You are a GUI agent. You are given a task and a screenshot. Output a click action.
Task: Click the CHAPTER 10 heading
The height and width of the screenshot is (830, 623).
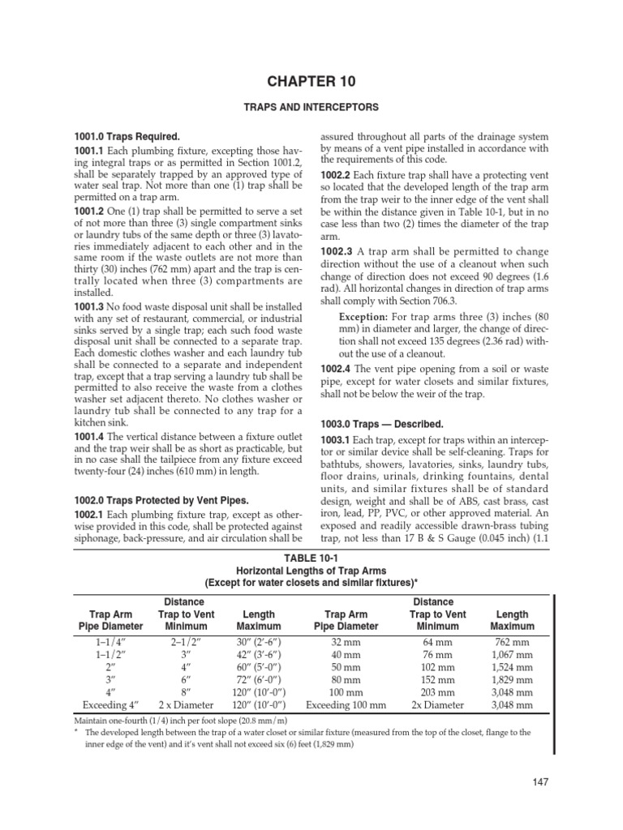[312, 80]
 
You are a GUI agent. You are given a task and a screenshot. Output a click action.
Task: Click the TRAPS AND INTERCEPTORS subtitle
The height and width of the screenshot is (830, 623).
[312, 107]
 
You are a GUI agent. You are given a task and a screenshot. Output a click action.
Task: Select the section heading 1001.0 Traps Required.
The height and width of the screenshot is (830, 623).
[123, 137]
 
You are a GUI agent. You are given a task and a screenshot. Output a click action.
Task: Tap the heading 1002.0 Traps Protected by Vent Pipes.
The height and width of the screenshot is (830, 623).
[162, 499]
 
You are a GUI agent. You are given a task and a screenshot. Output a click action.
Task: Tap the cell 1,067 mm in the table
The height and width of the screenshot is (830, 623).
[513, 656]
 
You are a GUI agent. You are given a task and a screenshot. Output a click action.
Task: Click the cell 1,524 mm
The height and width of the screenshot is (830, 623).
[513, 669]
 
